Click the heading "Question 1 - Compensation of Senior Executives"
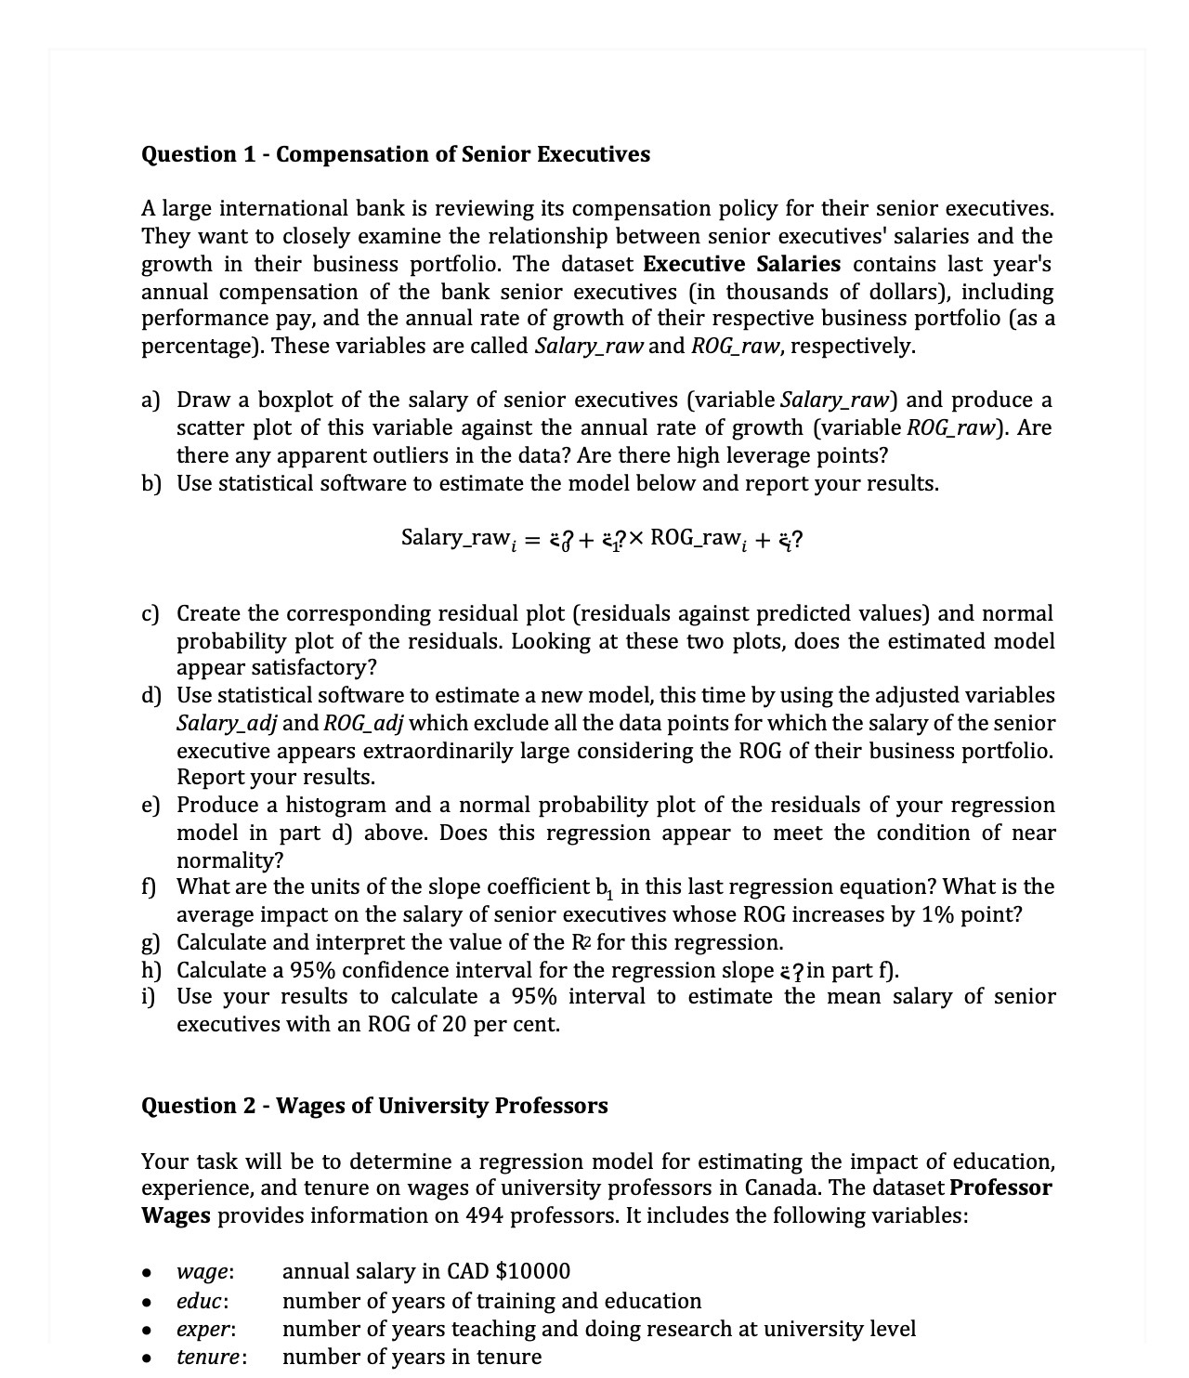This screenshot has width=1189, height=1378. click(x=395, y=154)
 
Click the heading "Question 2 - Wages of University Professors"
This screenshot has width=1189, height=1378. click(x=374, y=1106)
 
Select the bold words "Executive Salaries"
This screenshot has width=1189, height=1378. click(x=741, y=264)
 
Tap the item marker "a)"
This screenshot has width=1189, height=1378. click(x=150, y=400)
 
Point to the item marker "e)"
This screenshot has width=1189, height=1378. click(x=150, y=805)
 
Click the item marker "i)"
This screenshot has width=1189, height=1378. click(x=149, y=997)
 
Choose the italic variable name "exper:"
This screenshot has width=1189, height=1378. click(x=205, y=1330)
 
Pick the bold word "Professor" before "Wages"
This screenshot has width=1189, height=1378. click(x=1001, y=1188)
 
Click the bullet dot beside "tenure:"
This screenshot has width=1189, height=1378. click(x=148, y=1358)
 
